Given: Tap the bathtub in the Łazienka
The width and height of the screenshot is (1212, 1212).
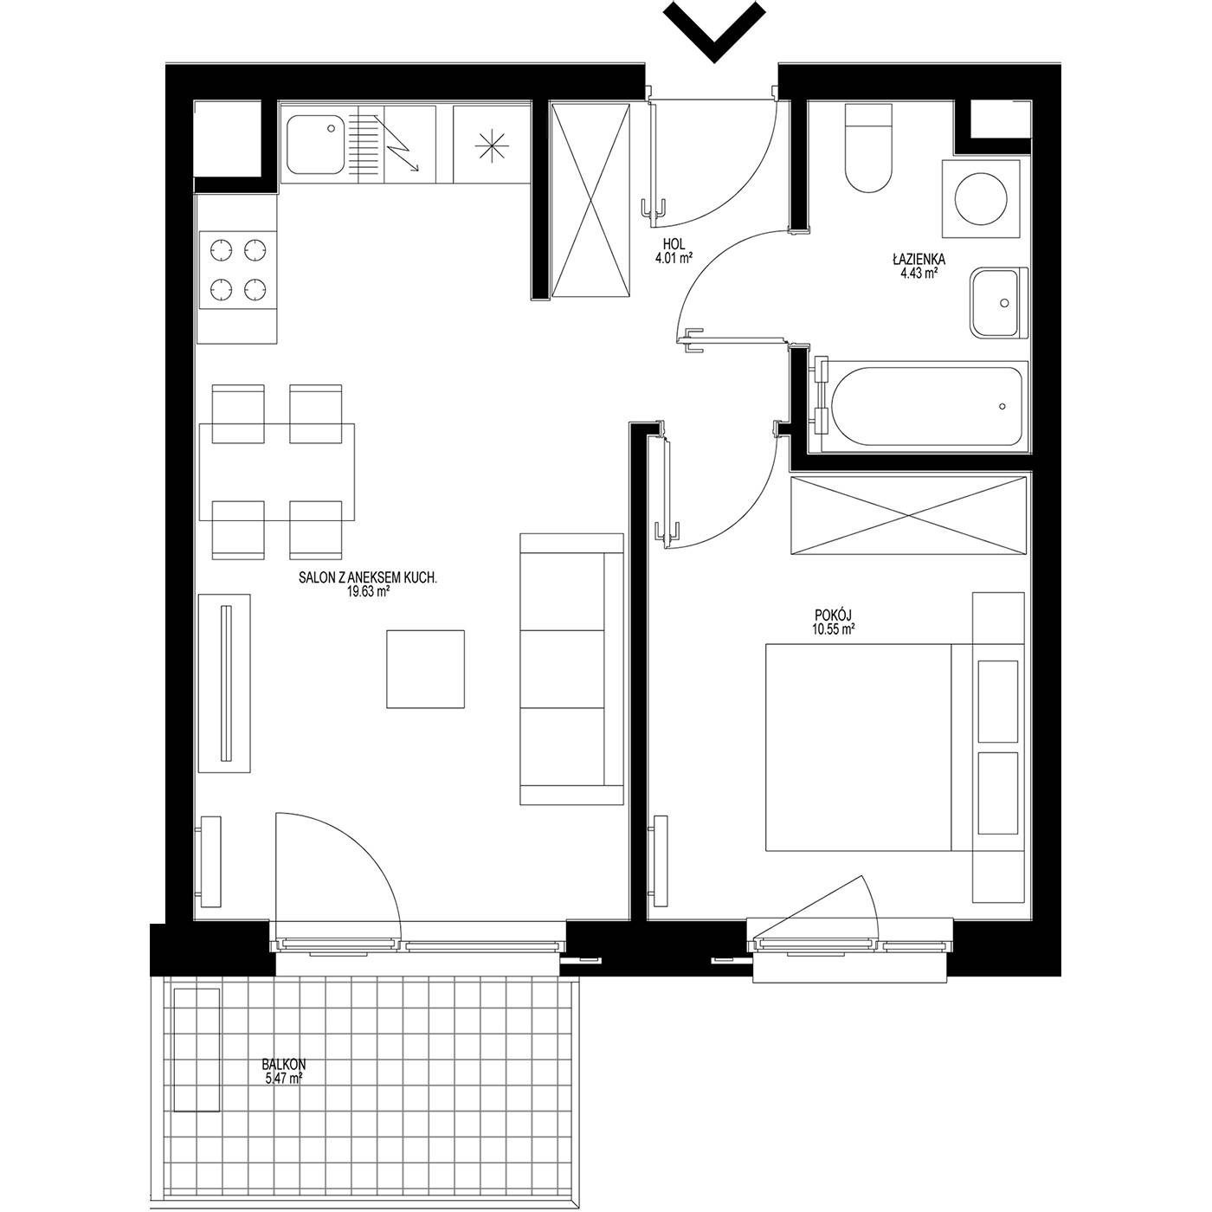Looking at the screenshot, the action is coord(925,406).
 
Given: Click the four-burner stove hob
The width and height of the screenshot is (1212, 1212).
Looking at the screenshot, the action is coord(238,270).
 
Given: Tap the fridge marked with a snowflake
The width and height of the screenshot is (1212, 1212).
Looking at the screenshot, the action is coord(492,145).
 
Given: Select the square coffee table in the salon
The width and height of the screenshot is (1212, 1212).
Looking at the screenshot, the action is coord(425,669).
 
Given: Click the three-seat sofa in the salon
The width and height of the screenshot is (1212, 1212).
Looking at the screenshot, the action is coord(571,669).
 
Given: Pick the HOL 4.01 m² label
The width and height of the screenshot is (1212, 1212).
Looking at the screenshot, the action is coord(674,249).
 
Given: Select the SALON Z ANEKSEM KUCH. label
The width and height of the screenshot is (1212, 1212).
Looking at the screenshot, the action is coord(368,578).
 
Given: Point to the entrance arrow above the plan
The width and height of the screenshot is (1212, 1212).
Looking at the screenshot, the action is coord(714,30).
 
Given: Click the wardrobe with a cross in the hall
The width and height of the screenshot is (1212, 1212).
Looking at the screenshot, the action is coord(590,199).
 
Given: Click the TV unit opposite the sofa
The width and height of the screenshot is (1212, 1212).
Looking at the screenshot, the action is coord(224,683).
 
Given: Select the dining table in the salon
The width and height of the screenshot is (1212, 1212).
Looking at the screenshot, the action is coord(277,473).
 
